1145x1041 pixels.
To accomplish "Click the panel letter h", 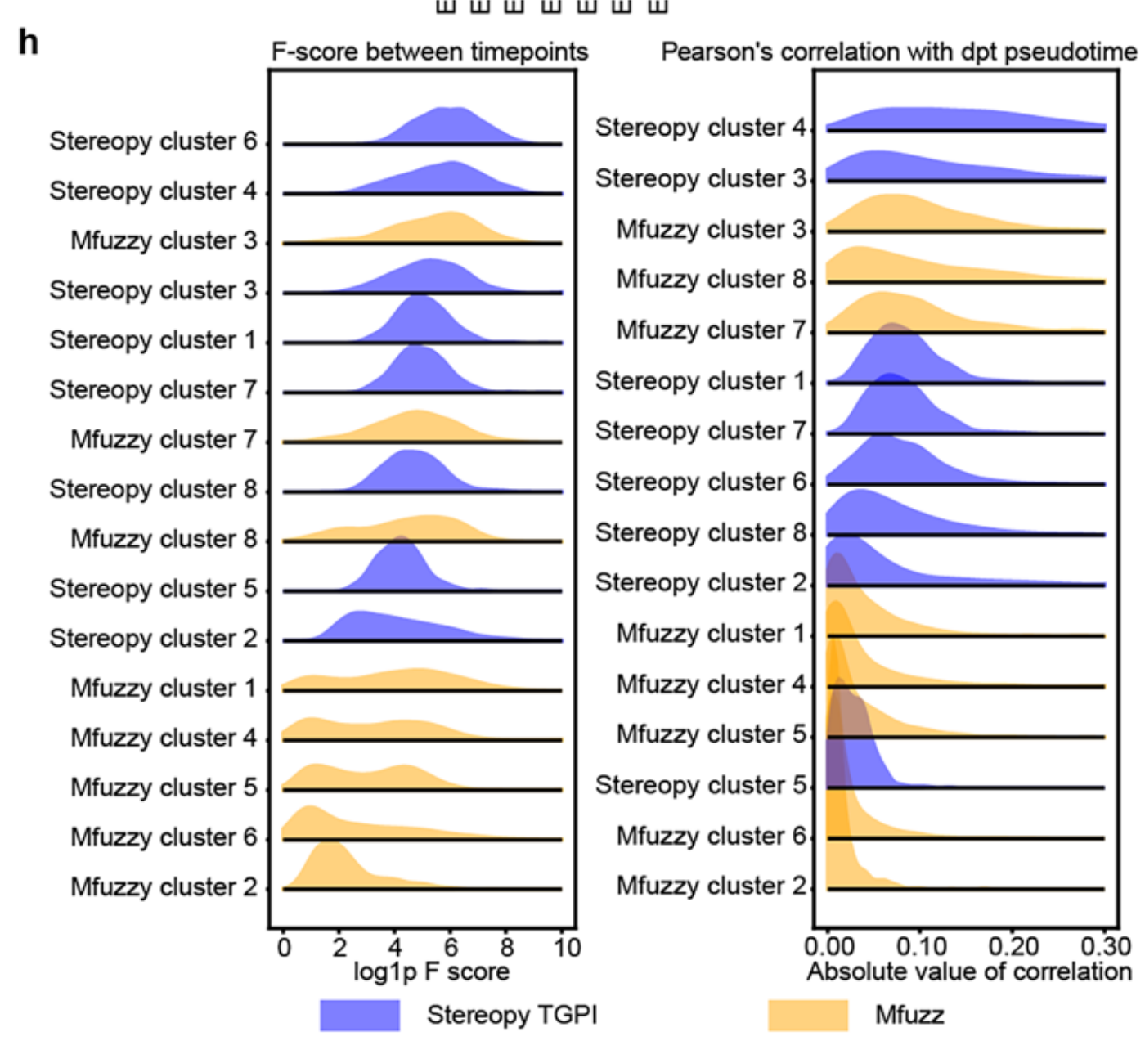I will [x=28, y=41].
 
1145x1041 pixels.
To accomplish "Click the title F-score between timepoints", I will [x=429, y=52].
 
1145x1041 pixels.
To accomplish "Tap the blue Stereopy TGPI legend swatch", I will [x=360, y=1015].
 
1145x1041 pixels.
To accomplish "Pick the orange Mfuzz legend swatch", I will [x=808, y=1015].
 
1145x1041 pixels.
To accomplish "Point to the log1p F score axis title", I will [x=431, y=971].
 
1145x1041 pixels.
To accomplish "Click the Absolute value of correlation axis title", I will [x=969, y=971].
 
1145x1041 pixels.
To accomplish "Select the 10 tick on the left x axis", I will [x=566, y=948].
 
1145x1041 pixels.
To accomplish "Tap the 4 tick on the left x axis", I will [x=395, y=948].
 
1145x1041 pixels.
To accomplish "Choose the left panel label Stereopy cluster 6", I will [x=153, y=141].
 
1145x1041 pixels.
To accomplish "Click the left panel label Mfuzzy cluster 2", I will [x=164, y=886].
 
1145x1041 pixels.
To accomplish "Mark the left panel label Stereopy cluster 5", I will [x=153, y=589].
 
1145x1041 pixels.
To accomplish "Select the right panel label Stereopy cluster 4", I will [x=701, y=128].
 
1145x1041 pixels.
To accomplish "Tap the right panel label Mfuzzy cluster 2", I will [x=712, y=886].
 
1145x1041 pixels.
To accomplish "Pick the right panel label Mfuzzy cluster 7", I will [x=712, y=330].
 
